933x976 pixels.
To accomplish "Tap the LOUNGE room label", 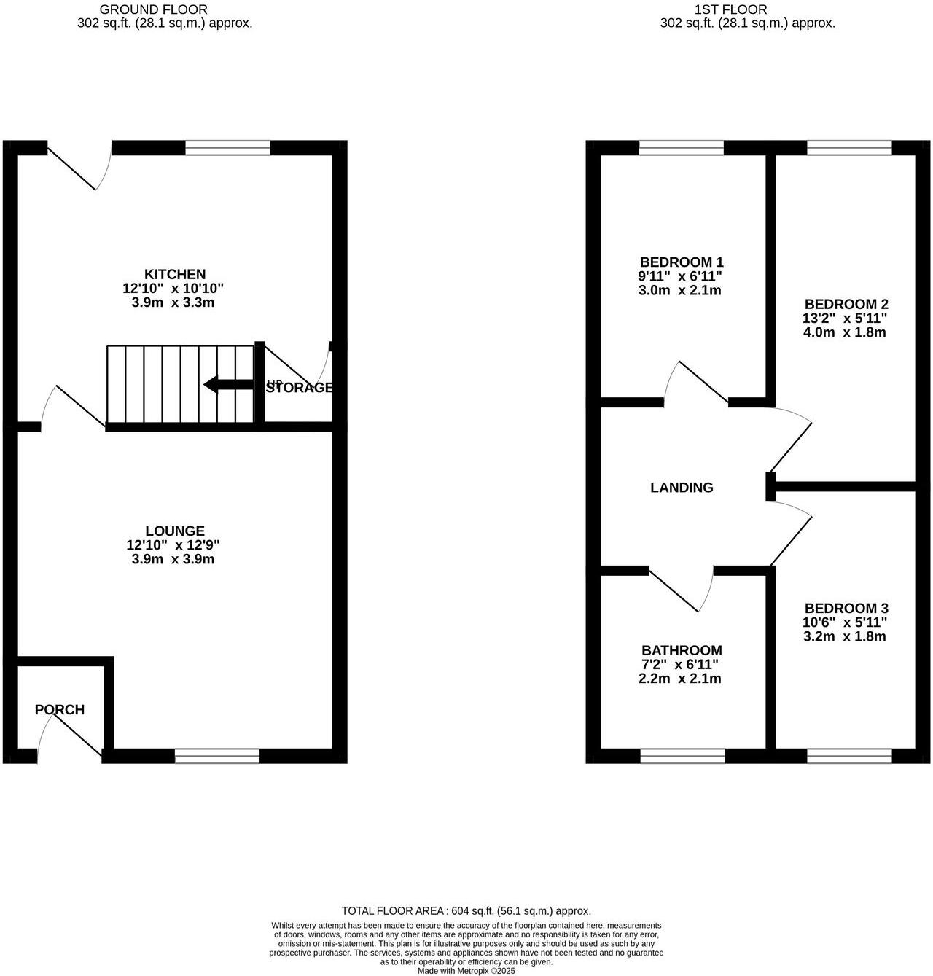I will [175, 531].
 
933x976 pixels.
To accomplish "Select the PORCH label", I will [60, 709].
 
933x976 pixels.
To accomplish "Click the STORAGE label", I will [300, 388].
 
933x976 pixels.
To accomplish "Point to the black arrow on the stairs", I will [228, 384].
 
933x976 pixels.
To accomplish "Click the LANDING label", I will [682, 488].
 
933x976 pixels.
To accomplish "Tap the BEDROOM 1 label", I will [682, 262].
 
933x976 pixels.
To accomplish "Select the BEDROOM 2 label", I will [846, 304].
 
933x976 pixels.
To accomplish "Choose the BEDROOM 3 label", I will [846, 608].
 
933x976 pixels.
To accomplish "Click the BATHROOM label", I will [682, 650].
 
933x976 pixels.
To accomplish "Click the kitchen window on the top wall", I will [227, 148].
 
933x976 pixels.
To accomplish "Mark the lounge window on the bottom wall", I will [217, 756].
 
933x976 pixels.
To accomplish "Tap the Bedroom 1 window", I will [682, 148].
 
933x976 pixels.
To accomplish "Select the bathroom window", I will [682, 756].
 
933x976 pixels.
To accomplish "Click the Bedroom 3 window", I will [849, 756].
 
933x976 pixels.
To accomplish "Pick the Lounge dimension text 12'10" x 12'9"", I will [173, 545].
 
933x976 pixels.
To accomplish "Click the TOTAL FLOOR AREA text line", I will [466, 910].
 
